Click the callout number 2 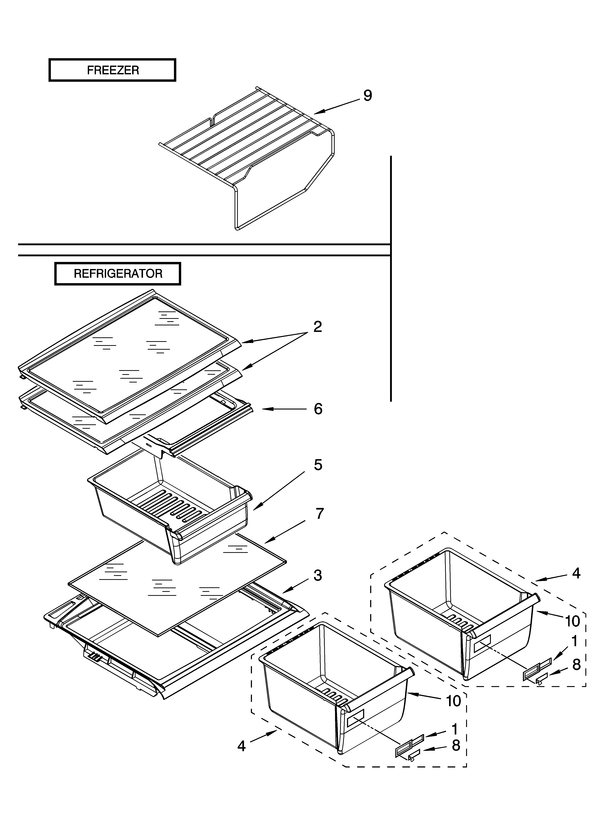click(x=317, y=327)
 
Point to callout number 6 click(x=318, y=409)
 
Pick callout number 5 click(x=318, y=465)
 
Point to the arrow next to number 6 click(x=284, y=409)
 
